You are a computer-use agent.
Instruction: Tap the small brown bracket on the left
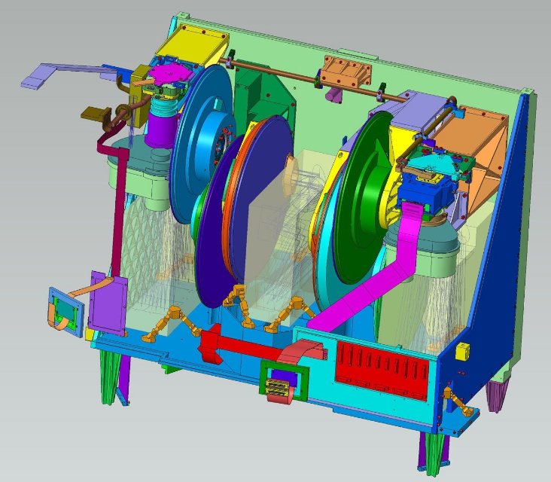point(93,114)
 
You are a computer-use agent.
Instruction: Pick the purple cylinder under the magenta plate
point(160,125)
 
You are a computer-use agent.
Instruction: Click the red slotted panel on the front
point(382,362)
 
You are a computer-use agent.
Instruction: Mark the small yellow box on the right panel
point(463,349)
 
